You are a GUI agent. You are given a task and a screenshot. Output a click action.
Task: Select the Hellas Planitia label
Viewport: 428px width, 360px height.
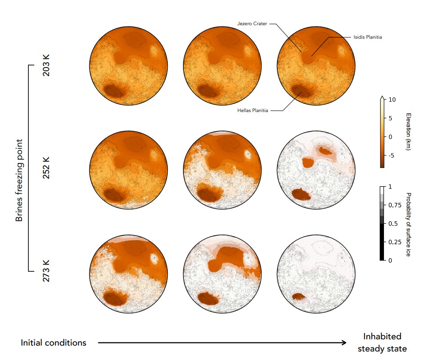[252, 110]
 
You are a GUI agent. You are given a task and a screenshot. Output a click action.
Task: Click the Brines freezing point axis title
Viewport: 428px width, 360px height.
[19, 168]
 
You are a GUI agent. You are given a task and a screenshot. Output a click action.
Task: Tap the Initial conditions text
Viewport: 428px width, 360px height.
[53, 343]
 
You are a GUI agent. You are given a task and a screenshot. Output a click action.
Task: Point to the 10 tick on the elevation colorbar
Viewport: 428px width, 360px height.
[392, 100]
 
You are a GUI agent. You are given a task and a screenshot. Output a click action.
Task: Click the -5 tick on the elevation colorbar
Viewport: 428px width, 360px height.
[391, 155]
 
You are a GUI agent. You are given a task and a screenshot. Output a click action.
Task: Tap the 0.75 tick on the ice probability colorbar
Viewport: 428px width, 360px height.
[394, 205]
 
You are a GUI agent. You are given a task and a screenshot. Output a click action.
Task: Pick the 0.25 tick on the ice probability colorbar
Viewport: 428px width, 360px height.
[394, 242]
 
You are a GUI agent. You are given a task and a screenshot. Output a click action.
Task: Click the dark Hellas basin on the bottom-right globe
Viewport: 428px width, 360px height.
[298, 297]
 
